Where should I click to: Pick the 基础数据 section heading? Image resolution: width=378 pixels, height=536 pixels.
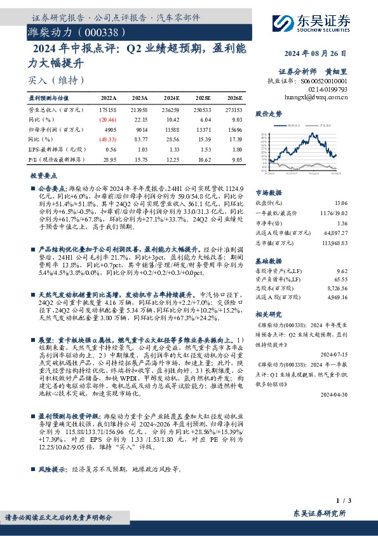pos(268,261)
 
